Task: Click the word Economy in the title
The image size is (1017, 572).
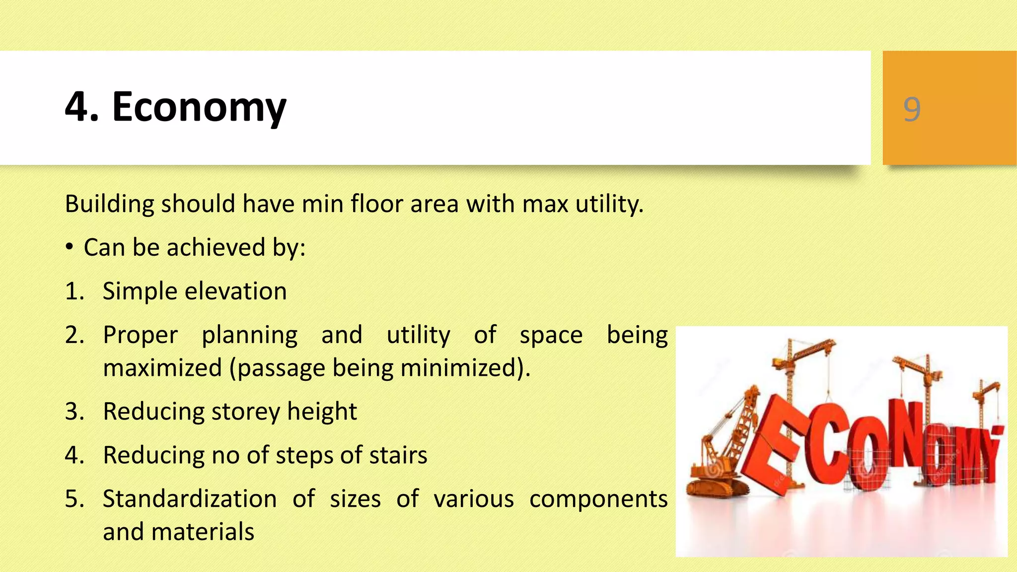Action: click(199, 107)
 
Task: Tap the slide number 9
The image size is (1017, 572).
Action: click(912, 109)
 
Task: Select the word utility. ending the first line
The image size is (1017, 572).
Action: click(609, 204)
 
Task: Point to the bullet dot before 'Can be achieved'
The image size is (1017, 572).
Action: click(70, 247)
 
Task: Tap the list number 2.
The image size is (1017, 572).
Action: click(74, 335)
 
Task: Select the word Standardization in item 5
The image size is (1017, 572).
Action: click(190, 499)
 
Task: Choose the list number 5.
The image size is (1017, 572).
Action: click(74, 499)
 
